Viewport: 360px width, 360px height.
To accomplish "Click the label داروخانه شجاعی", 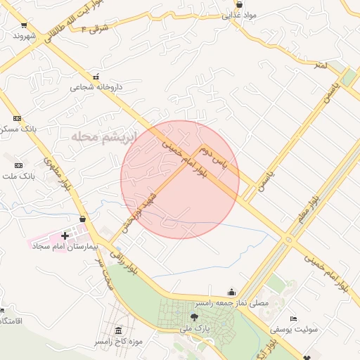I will click(96, 88).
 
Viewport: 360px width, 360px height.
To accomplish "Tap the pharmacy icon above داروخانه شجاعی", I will click(96, 76).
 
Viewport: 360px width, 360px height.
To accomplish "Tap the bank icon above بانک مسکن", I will click(18, 118).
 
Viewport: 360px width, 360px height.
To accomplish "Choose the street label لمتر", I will click(321, 65).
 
